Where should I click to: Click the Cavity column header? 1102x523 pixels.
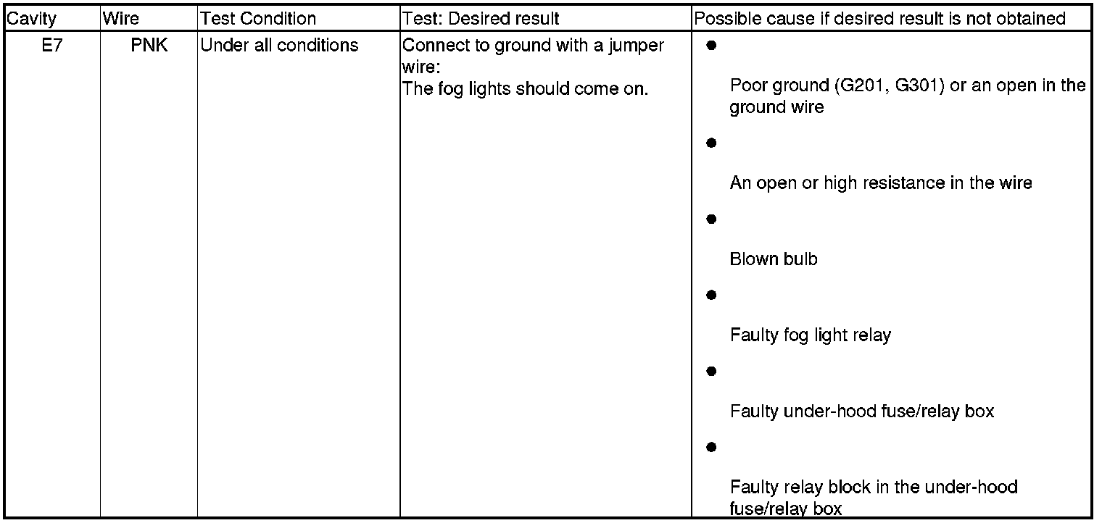click(x=31, y=19)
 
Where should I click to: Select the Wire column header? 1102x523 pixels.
click(x=121, y=19)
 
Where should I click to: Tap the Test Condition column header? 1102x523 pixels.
click(x=258, y=19)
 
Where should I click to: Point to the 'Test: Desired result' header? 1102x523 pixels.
click(x=481, y=19)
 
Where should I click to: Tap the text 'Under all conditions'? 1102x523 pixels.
click(x=279, y=46)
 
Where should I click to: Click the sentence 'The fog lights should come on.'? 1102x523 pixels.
click(x=525, y=89)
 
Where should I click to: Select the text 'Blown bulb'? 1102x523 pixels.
click(x=774, y=259)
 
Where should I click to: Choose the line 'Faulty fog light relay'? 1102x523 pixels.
click(x=811, y=335)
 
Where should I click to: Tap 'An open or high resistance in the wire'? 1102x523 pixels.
click(x=881, y=183)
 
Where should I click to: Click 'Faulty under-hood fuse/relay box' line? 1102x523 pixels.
click(x=862, y=411)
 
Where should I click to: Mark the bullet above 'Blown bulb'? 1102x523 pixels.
click(x=711, y=219)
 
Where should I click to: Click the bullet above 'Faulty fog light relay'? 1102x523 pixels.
click(x=711, y=295)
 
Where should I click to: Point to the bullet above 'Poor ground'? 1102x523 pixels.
click(x=711, y=45)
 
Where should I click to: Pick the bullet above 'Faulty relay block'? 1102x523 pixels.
click(x=711, y=447)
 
